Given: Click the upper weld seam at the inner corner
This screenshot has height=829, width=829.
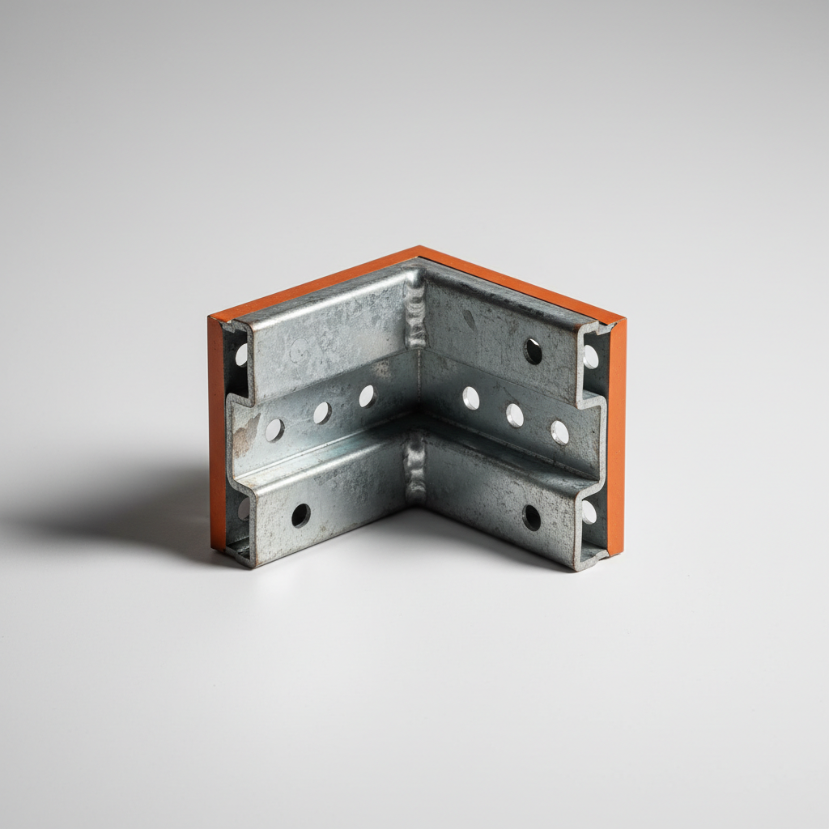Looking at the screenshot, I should point(414,312).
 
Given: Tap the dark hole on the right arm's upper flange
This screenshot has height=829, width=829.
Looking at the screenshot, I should point(533,351).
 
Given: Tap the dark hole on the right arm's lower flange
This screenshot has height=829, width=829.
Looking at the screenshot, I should point(531,517).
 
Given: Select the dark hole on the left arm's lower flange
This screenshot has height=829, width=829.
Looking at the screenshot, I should point(300,515).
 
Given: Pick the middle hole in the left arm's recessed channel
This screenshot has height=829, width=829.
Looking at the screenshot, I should point(321,413).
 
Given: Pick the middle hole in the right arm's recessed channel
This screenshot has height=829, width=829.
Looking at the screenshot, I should point(515,414).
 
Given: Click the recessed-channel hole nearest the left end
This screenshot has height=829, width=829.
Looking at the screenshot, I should point(275,430).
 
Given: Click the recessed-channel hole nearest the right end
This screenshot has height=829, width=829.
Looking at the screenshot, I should point(559,432).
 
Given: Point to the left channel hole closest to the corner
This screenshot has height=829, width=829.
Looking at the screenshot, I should point(367,396).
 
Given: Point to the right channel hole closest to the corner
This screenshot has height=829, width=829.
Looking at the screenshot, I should point(470,397).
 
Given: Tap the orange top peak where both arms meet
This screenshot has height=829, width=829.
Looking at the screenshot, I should point(419,252).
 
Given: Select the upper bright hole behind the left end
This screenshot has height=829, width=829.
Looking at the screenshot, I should point(241,355).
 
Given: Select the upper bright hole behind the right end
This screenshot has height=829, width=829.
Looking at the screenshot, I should point(591,356).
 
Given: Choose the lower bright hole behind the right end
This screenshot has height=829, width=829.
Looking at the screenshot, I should point(589,512).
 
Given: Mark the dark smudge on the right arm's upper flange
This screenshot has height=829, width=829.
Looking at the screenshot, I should point(470,318).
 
